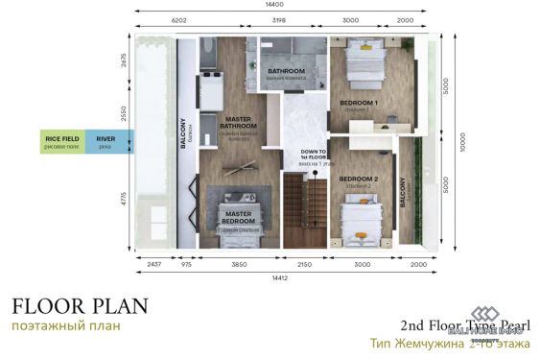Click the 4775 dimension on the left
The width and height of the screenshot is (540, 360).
click(x=122, y=200)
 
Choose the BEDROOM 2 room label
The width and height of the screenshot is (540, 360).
click(x=359, y=180)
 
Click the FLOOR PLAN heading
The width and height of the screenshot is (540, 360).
click(x=80, y=307)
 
